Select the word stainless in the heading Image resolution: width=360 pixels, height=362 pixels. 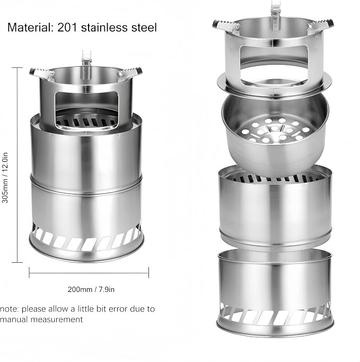click(104, 28)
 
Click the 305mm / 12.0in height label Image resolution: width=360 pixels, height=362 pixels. click(5, 177)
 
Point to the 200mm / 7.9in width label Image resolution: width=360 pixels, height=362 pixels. click(91, 289)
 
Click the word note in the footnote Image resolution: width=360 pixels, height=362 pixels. click(10, 309)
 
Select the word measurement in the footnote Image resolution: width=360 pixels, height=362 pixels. click(57, 320)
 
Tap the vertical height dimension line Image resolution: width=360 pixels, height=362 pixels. click(17, 165)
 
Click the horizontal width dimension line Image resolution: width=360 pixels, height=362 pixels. click(89, 273)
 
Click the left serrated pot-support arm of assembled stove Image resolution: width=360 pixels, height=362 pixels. click(41, 73)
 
